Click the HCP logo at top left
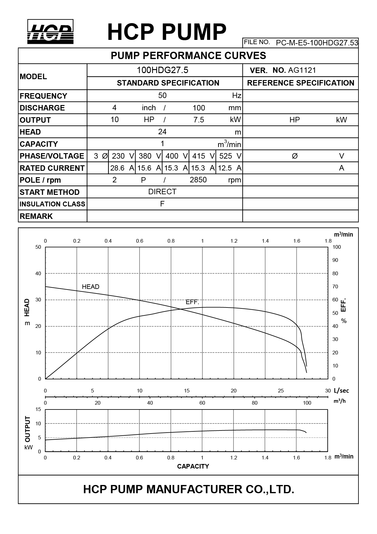(x=50, y=32)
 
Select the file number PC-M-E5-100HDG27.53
(x=317, y=43)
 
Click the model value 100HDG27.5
(x=162, y=70)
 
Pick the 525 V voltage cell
(x=230, y=156)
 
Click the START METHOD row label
(x=50, y=192)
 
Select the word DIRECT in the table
(x=162, y=192)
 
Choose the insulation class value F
(x=162, y=204)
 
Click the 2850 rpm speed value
(x=198, y=180)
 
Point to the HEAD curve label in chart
(x=91, y=287)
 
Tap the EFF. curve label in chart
(x=192, y=302)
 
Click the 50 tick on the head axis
(x=38, y=247)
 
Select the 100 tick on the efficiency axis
(x=337, y=247)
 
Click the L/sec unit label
(x=341, y=391)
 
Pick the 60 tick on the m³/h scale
(x=202, y=403)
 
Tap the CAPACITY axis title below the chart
(x=193, y=466)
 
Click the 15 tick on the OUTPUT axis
(x=38, y=409)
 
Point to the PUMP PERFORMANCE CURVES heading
(x=188, y=56)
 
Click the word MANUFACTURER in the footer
(x=194, y=489)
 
